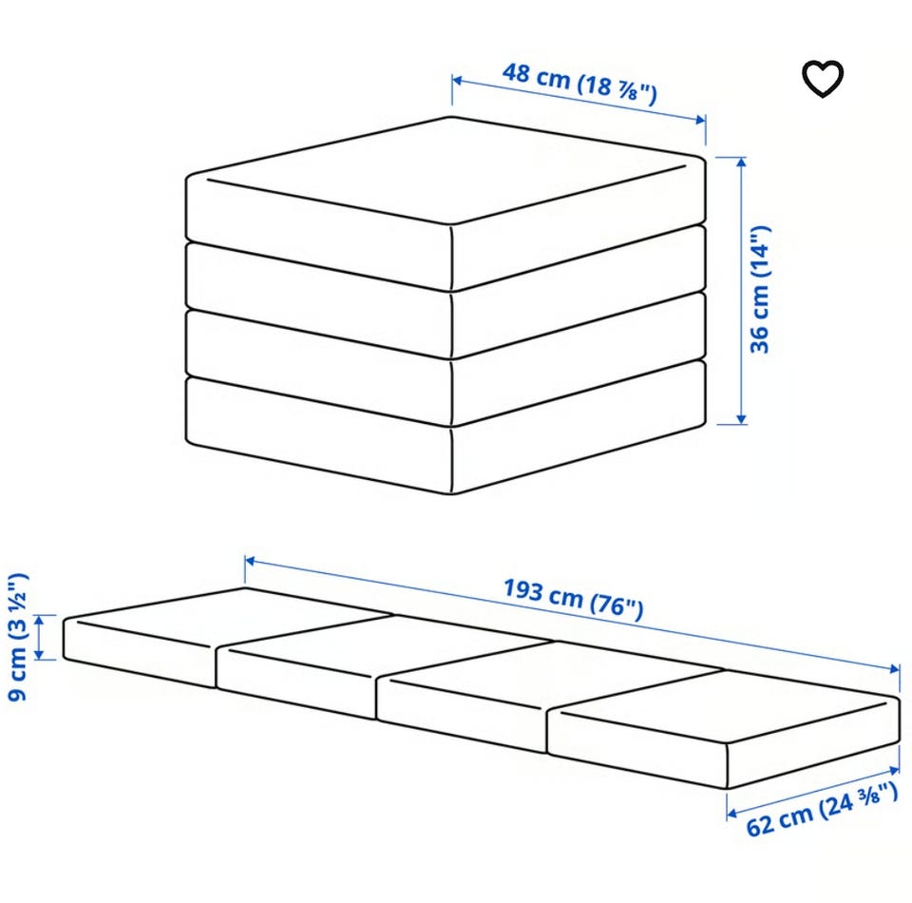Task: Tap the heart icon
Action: [823, 79]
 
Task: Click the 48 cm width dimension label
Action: [579, 84]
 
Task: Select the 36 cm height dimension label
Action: [760, 289]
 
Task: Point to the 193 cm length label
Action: [574, 599]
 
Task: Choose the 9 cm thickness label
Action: [16, 637]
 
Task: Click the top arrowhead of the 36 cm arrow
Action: [740, 162]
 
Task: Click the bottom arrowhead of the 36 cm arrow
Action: [740, 419]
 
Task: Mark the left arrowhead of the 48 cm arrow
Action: [457, 80]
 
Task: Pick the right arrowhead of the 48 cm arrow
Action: [701, 120]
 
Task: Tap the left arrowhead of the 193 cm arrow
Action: [250, 562]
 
